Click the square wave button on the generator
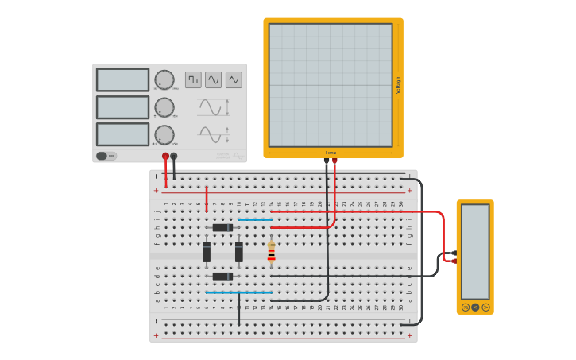pos(193,79)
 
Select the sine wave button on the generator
pos(213,79)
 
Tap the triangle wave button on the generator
pos(234,79)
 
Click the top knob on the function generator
pos(164,79)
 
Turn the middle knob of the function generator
pos(164,107)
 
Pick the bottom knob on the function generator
pos(164,134)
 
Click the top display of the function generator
pos(122,79)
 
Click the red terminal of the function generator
pos(165,157)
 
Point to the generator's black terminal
pos(174,157)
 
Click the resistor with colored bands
pos(271,254)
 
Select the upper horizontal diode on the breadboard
pos(222,228)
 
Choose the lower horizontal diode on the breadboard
pos(222,276)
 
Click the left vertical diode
pos(207,252)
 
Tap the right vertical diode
pos(238,252)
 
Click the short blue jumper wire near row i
pos(255,219)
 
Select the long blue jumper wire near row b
pos(238,292)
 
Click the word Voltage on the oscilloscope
pos(398,85)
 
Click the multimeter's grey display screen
pos(475,251)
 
